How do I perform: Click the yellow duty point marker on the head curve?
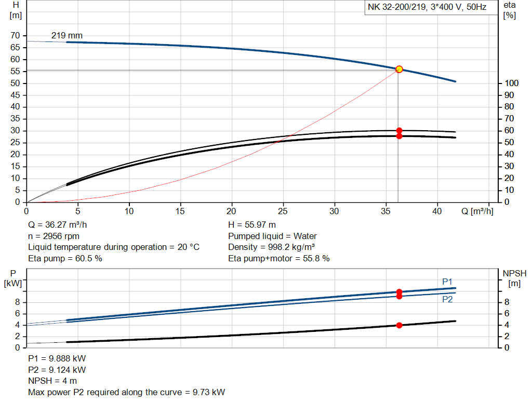click(x=399, y=69)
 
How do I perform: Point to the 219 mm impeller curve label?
click(x=66, y=36)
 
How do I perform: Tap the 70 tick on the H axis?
click(x=15, y=36)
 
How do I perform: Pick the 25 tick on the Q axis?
click(x=283, y=211)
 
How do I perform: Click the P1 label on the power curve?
click(x=447, y=282)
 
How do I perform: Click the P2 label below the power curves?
click(x=447, y=300)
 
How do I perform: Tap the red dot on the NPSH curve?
click(x=399, y=325)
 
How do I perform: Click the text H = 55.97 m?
click(x=252, y=225)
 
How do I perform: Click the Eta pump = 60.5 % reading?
click(x=65, y=258)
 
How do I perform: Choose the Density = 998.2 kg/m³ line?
click(x=272, y=247)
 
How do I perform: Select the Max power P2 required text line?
click(x=127, y=392)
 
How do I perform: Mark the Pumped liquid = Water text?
click(x=272, y=236)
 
